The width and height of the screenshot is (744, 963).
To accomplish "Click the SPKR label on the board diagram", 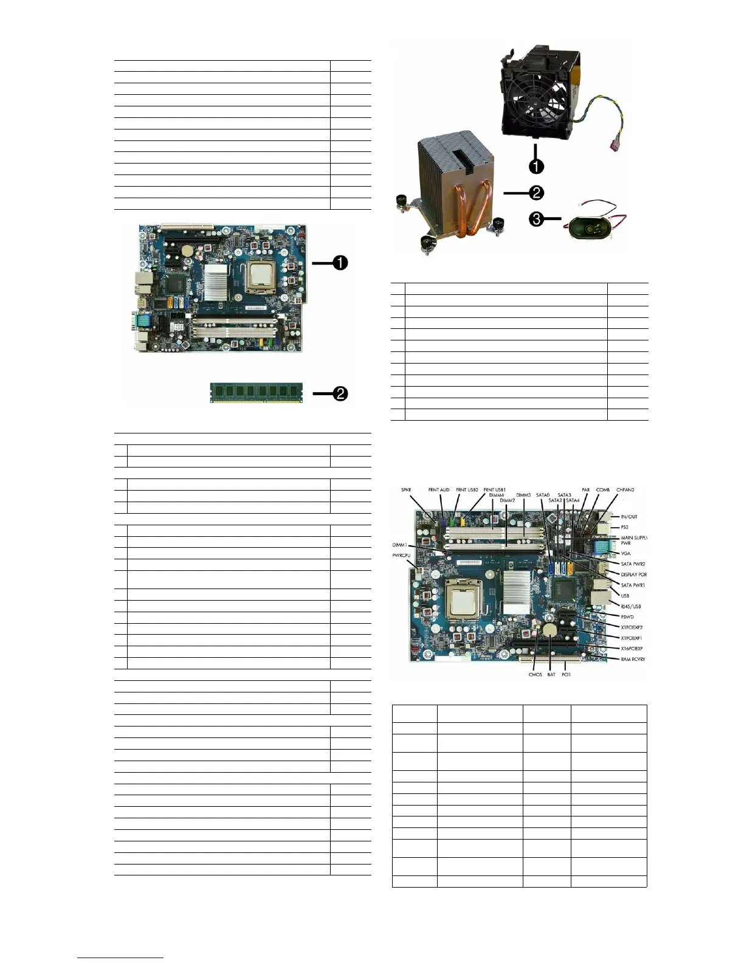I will tap(406, 490).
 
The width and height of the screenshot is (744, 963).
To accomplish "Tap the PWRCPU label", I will tap(402, 556).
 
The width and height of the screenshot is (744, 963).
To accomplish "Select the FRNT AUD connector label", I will tap(439, 490).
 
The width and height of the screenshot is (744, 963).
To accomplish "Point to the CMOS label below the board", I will tap(534, 674).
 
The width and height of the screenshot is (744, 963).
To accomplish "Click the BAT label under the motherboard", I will tap(551, 674).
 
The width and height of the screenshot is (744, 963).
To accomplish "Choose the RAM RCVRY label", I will tap(633, 659).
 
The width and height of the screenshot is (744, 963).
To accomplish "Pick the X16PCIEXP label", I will tap(632, 649).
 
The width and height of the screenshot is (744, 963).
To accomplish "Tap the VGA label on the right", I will tap(625, 553).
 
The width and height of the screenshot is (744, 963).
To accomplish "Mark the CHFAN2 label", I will tap(625, 490).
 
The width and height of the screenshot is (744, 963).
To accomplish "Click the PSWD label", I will tap(627, 617).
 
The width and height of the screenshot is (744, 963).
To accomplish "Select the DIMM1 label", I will tap(399, 545).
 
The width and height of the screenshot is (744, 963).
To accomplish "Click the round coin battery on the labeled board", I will tap(550, 630).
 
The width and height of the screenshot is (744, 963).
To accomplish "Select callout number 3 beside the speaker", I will tap(536, 219).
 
